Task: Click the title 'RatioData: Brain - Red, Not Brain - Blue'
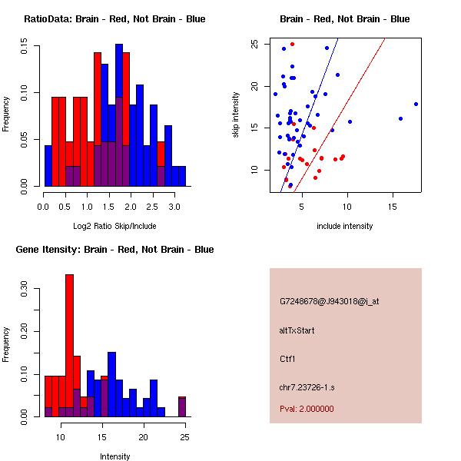(114, 18)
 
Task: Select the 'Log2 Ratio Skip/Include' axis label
(114, 225)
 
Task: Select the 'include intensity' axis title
(345, 226)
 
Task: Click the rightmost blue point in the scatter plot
(416, 104)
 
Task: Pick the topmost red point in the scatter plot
(292, 44)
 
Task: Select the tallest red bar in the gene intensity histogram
(70, 346)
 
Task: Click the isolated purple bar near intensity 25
(182, 406)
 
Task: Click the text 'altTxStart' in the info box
(297, 330)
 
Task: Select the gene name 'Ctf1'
(288, 358)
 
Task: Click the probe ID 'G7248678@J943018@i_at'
(330, 301)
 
